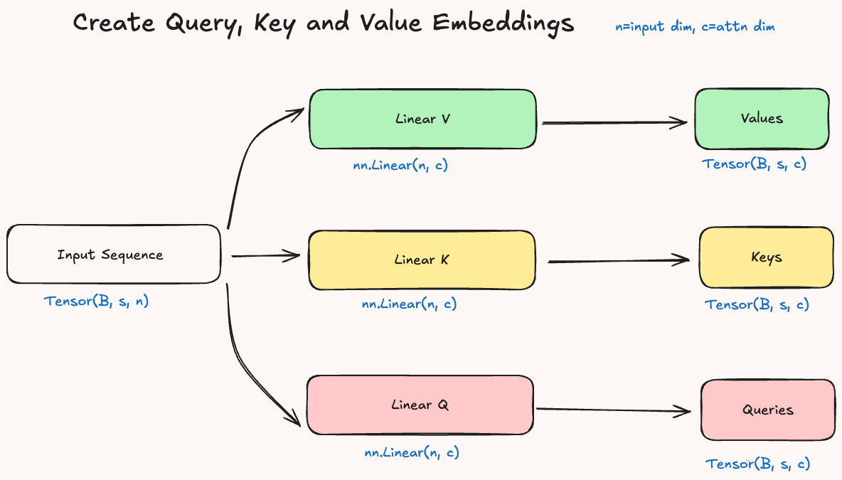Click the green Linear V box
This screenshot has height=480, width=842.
click(x=422, y=119)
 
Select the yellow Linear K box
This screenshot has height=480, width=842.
click(x=421, y=260)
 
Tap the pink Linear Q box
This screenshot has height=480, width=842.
click(x=420, y=405)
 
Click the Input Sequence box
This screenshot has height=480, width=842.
click(x=114, y=255)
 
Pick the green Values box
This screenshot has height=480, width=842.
click(x=762, y=119)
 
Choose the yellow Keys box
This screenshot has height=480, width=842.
click(x=766, y=257)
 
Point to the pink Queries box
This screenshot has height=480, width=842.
click(x=767, y=410)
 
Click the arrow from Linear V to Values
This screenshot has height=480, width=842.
click(x=614, y=123)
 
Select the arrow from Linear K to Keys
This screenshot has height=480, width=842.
click(x=618, y=261)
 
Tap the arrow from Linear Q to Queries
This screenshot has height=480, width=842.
click(x=613, y=410)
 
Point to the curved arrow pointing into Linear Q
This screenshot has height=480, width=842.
click(x=245, y=356)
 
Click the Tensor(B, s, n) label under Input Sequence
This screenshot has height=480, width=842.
click(x=97, y=301)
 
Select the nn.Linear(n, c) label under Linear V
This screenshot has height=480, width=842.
click(x=400, y=166)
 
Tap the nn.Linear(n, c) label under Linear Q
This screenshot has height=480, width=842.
click(x=412, y=452)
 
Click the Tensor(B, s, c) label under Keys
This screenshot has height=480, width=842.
click(x=757, y=305)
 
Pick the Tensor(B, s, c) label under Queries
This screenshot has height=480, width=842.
click(x=757, y=464)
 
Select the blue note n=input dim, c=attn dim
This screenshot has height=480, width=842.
click(x=695, y=27)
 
